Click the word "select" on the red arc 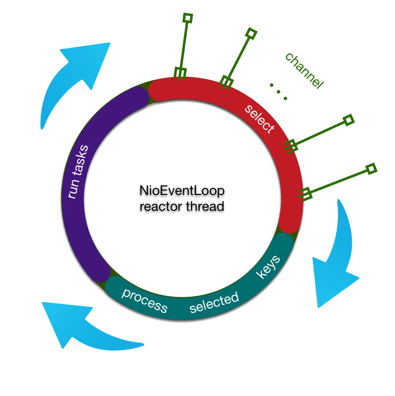pos(259,119)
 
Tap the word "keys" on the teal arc pos(269,267)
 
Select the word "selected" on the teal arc pos(214,302)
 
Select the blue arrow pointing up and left pos(86,328)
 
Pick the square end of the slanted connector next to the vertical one pos(251,33)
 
